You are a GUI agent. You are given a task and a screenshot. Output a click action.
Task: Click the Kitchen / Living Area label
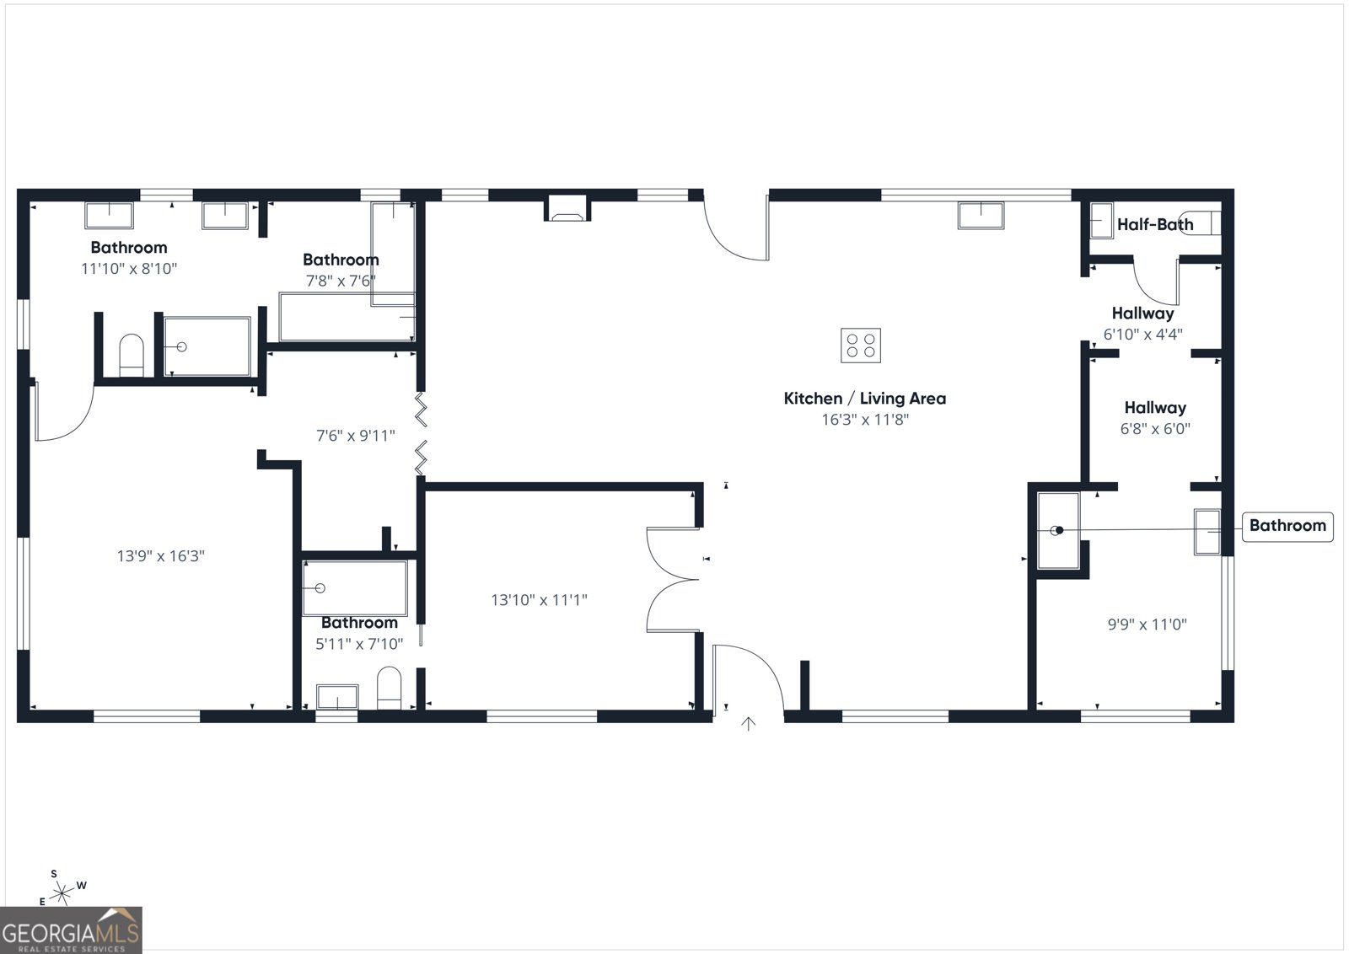coord(864,399)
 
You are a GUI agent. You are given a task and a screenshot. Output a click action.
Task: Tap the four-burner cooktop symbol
coord(860,346)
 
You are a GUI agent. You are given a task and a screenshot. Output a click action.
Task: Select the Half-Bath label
coord(1154,224)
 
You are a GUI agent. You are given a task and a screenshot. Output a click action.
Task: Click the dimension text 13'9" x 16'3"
coord(160,556)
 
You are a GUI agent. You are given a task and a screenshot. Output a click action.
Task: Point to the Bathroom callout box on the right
coord(1287,526)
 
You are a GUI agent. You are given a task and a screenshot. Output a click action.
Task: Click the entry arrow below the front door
coord(748,723)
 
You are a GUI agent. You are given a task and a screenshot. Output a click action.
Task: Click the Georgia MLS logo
coord(71,930)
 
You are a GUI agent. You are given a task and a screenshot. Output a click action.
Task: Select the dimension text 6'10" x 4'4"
coord(1142,334)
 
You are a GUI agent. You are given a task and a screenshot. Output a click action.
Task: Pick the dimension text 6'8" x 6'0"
coord(1154,428)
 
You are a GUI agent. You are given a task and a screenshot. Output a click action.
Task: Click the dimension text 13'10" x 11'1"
coord(539,600)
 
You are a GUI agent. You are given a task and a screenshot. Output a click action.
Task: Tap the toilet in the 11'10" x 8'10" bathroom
coord(132,355)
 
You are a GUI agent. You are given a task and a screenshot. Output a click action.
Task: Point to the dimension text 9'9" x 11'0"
coord(1147,624)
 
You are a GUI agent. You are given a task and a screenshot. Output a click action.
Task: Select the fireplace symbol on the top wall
coord(566,208)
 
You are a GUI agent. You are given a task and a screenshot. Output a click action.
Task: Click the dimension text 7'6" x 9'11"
coord(355,436)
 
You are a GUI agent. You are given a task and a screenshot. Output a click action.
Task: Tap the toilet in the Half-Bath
coord(1201,222)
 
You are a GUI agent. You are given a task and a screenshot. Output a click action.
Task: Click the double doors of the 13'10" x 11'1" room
coord(672,579)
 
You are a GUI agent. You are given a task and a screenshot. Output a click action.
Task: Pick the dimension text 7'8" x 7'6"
coord(340,281)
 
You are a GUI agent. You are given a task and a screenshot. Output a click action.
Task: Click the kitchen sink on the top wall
coord(981,216)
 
